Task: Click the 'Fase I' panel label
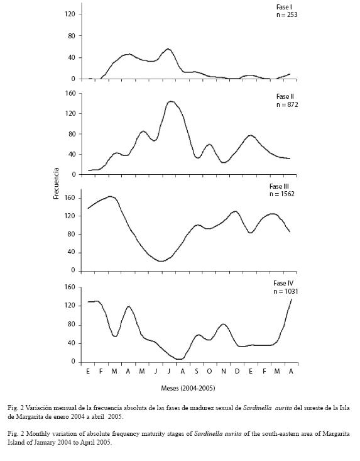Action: (x=284, y=7)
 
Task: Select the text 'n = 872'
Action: (x=287, y=104)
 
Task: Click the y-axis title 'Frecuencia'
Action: (x=57, y=184)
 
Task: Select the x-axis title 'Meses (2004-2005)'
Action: (x=188, y=389)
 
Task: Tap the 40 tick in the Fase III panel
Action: (x=72, y=252)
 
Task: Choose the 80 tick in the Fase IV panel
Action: (x=72, y=325)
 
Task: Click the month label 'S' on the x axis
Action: (x=197, y=371)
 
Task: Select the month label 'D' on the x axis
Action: (x=237, y=371)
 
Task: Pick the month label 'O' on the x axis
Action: (x=209, y=371)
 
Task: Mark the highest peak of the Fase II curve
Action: (x=171, y=101)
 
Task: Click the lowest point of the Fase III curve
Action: (x=161, y=261)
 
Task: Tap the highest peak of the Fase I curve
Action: (x=168, y=49)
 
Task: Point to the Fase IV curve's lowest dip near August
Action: (x=180, y=359)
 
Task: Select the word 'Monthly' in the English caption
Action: (x=37, y=434)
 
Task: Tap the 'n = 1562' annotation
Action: (x=282, y=194)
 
